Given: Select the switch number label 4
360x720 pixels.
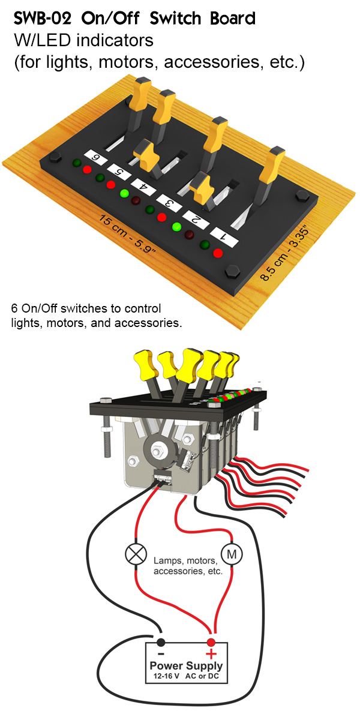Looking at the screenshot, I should click(x=145, y=187).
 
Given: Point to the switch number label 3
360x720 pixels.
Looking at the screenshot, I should click(x=170, y=203).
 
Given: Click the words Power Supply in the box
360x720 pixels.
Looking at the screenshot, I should click(x=186, y=666).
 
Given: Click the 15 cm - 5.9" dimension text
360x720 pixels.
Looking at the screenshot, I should click(x=129, y=233).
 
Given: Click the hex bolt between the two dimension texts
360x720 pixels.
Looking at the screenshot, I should click(x=229, y=274).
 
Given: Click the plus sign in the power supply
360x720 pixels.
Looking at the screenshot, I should click(x=211, y=653).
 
